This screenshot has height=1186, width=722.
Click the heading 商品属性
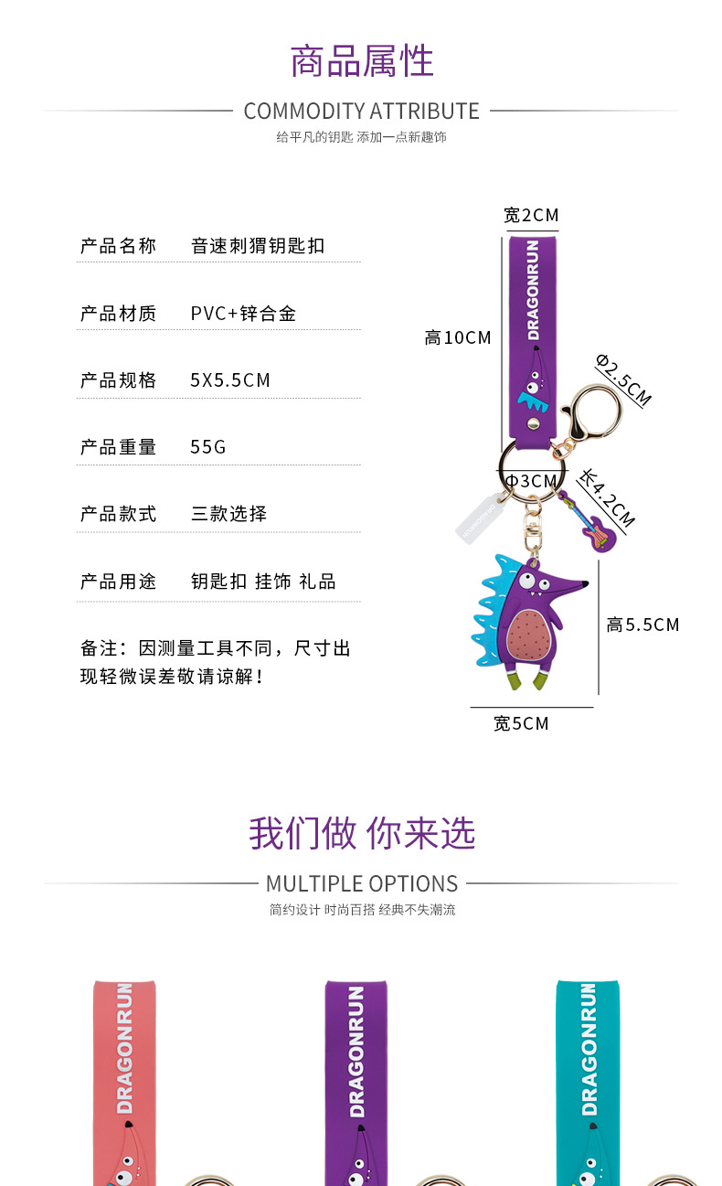pos(361,61)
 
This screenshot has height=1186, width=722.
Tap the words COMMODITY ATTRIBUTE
pos(361,112)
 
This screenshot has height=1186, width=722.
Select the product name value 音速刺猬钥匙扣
pos(258,246)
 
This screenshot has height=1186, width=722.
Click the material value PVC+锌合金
pos(243,314)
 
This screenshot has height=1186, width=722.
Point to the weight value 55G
pos(207,447)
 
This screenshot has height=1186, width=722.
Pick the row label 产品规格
pos(118,380)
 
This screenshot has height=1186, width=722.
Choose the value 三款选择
pos(228,514)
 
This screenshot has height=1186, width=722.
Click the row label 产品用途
pos(118,582)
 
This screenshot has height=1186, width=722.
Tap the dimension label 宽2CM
pos(531,215)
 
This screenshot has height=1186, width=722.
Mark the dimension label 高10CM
pos(458,337)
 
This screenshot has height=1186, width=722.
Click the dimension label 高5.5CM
pos(642,625)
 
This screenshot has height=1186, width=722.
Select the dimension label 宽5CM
pos(521,723)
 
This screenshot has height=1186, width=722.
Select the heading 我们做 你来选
pos(361,833)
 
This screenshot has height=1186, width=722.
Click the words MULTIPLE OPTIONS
pos(361,884)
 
